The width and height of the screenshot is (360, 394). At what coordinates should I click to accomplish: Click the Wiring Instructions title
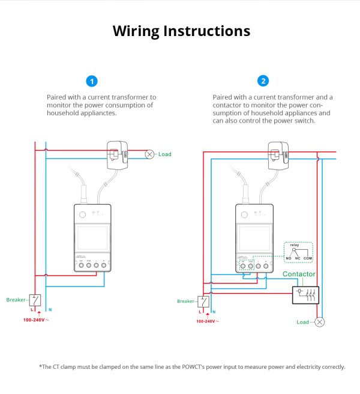181,31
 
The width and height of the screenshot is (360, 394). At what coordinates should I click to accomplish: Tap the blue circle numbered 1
92,81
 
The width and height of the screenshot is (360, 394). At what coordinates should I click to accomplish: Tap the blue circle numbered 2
263,81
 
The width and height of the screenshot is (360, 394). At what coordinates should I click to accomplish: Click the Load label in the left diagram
164,154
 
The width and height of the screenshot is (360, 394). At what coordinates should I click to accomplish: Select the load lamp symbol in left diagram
150,154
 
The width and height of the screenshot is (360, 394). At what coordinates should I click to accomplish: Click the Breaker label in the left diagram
16,300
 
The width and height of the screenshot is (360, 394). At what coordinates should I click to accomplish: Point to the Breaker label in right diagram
186,301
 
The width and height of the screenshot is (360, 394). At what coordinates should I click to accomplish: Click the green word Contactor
299,274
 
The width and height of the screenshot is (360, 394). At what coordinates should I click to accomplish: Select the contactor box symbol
305,294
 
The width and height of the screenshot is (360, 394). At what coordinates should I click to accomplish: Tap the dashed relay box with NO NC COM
298,252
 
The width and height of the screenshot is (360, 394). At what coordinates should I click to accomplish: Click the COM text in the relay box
308,258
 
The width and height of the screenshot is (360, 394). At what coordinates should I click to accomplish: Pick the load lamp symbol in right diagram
320,322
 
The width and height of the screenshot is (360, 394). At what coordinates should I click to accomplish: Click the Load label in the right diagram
302,322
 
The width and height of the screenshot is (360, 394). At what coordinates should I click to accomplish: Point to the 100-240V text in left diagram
37,320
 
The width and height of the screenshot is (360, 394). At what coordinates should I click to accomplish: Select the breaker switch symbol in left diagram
37,300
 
